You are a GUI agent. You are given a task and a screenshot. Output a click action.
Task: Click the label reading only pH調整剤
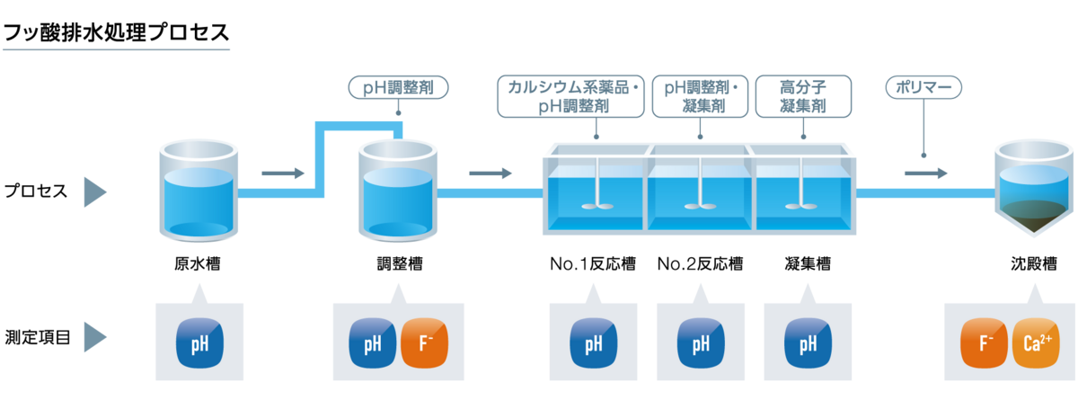[x=397, y=88]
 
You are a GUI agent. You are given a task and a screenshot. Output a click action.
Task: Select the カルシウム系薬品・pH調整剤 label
[x=572, y=97]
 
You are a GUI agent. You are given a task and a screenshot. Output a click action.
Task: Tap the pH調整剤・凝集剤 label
[x=701, y=97]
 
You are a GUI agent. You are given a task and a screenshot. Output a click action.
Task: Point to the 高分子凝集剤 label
[x=803, y=97]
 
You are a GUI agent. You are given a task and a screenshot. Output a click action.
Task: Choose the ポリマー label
[x=923, y=88]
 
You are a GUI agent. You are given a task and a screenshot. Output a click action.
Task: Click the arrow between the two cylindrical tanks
[x=283, y=173]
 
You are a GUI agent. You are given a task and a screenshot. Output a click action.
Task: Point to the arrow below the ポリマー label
[x=926, y=173]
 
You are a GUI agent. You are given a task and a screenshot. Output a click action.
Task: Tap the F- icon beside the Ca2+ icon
[x=985, y=344]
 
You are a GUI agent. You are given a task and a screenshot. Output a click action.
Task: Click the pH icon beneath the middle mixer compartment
[x=701, y=344]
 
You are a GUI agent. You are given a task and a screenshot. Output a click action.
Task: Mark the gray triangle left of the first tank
[x=94, y=191]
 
